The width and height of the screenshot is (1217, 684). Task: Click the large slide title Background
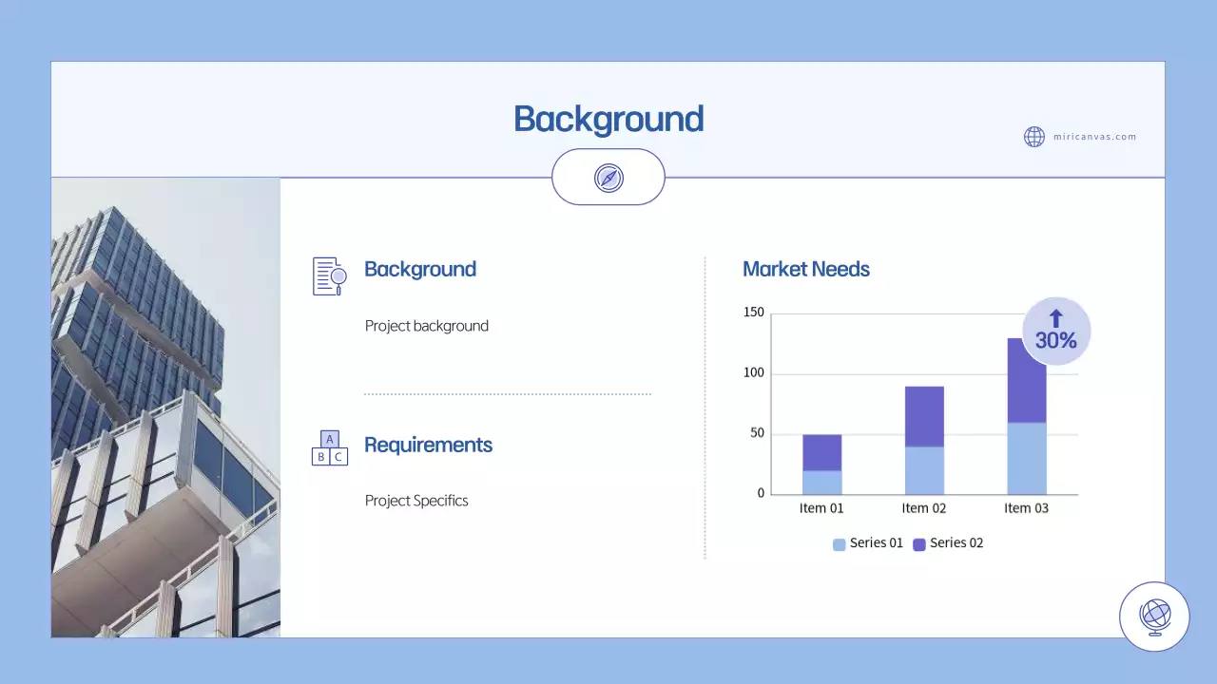[x=608, y=120]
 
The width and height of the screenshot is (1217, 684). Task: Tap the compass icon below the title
[x=608, y=178]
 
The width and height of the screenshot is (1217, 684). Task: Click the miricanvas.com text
[x=1094, y=137]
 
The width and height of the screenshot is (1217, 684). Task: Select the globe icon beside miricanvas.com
[x=1034, y=137]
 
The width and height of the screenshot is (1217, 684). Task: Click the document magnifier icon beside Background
[x=330, y=275]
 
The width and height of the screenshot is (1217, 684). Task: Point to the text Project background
[x=427, y=326]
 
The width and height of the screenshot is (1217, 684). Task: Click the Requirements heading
[x=428, y=445]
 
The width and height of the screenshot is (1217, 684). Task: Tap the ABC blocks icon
[x=330, y=447]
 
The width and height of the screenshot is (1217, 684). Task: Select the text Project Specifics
[x=416, y=501]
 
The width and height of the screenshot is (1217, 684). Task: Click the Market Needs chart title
[x=806, y=269]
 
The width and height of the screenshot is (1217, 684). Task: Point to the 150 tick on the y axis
[x=754, y=313]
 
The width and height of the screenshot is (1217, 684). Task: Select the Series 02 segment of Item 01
[x=821, y=453]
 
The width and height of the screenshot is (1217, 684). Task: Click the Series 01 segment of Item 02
[x=924, y=470]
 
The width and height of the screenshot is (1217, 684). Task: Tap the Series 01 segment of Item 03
[x=1027, y=458]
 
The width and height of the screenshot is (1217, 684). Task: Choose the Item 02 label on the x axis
[x=924, y=508]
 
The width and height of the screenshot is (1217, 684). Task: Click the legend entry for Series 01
[x=868, y=543]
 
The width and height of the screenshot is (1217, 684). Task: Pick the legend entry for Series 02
[x=948, y=543]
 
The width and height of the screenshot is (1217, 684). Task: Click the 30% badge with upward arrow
[x=1055, y=331]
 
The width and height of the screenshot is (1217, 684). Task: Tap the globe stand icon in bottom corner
[x=1154, y=617]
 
